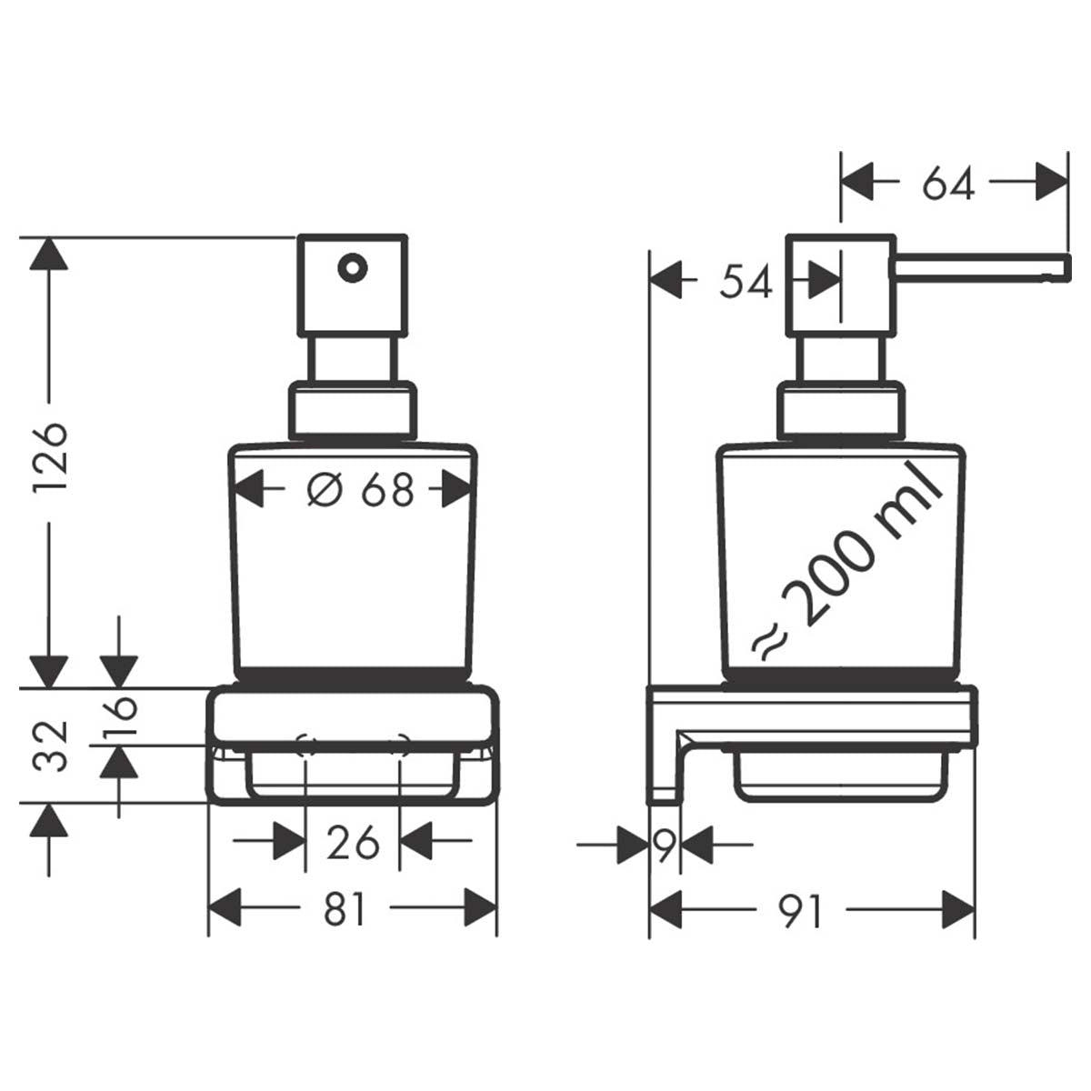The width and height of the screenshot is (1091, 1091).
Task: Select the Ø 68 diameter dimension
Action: [x=360, y=491]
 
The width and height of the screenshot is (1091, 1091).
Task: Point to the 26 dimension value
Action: [x=353, y=843]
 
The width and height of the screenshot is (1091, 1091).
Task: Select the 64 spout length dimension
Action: [x=947, y=185]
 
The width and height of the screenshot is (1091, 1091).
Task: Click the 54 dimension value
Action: [x=746, y=283]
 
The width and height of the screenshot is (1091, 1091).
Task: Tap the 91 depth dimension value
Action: [x=801, y=910]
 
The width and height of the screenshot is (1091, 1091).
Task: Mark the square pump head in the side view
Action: [x=837, y=285]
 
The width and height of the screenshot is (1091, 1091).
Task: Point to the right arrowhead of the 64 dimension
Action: [x=1050, y=183]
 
